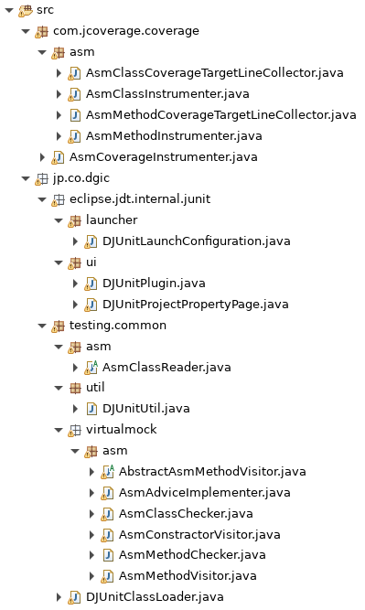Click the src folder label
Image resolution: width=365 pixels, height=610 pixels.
(x=45, y=9)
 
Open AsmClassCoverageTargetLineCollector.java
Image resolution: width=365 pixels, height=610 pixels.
(x=214, y=72)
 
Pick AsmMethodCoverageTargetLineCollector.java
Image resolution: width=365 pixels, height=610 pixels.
(x=220, y=114)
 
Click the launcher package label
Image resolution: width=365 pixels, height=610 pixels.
(x=112, y=219)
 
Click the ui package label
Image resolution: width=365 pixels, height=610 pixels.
(x=92, y=262)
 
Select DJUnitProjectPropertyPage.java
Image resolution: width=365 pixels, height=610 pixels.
(x=196, y=304)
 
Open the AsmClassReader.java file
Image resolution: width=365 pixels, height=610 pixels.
(x=166, y=367)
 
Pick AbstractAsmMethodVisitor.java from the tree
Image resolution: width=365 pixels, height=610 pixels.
(x=212, y=472)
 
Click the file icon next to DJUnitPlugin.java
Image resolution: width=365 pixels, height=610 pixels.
(x=92, y=283)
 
